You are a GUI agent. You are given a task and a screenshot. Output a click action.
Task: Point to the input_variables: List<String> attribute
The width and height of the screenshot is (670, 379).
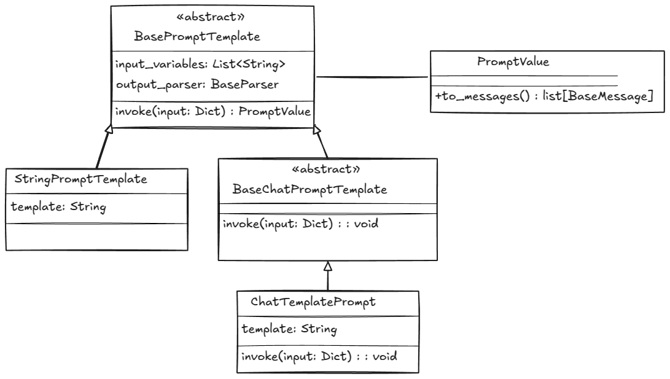click(x=200, y=64)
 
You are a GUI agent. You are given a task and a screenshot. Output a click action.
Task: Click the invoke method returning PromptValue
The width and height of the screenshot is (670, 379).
click(x=212, y=112)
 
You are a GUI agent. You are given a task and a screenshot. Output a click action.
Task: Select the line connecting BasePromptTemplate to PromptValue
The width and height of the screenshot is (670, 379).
click(x=372, y=77)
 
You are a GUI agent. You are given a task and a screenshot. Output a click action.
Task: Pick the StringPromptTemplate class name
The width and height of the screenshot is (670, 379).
click(x=80, y=179)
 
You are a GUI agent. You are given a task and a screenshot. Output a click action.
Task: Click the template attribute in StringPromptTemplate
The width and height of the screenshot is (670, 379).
click(x=59, y=206)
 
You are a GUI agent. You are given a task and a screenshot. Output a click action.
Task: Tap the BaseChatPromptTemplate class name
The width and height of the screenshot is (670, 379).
click(x=310, y=189)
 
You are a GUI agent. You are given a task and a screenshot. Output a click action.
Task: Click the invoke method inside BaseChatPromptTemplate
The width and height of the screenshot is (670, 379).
click(x=300, y=224)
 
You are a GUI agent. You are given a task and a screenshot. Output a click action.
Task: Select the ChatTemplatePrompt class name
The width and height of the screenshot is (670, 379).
click(x=313, y=302)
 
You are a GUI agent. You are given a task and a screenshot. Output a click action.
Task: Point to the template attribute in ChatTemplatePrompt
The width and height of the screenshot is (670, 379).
click(x=289, y=329)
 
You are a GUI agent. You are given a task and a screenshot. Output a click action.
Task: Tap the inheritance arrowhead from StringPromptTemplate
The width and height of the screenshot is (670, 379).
click(x=109, y=129)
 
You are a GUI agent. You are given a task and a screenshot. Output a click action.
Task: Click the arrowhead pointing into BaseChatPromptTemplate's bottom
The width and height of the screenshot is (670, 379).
click(x=328, y=266)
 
